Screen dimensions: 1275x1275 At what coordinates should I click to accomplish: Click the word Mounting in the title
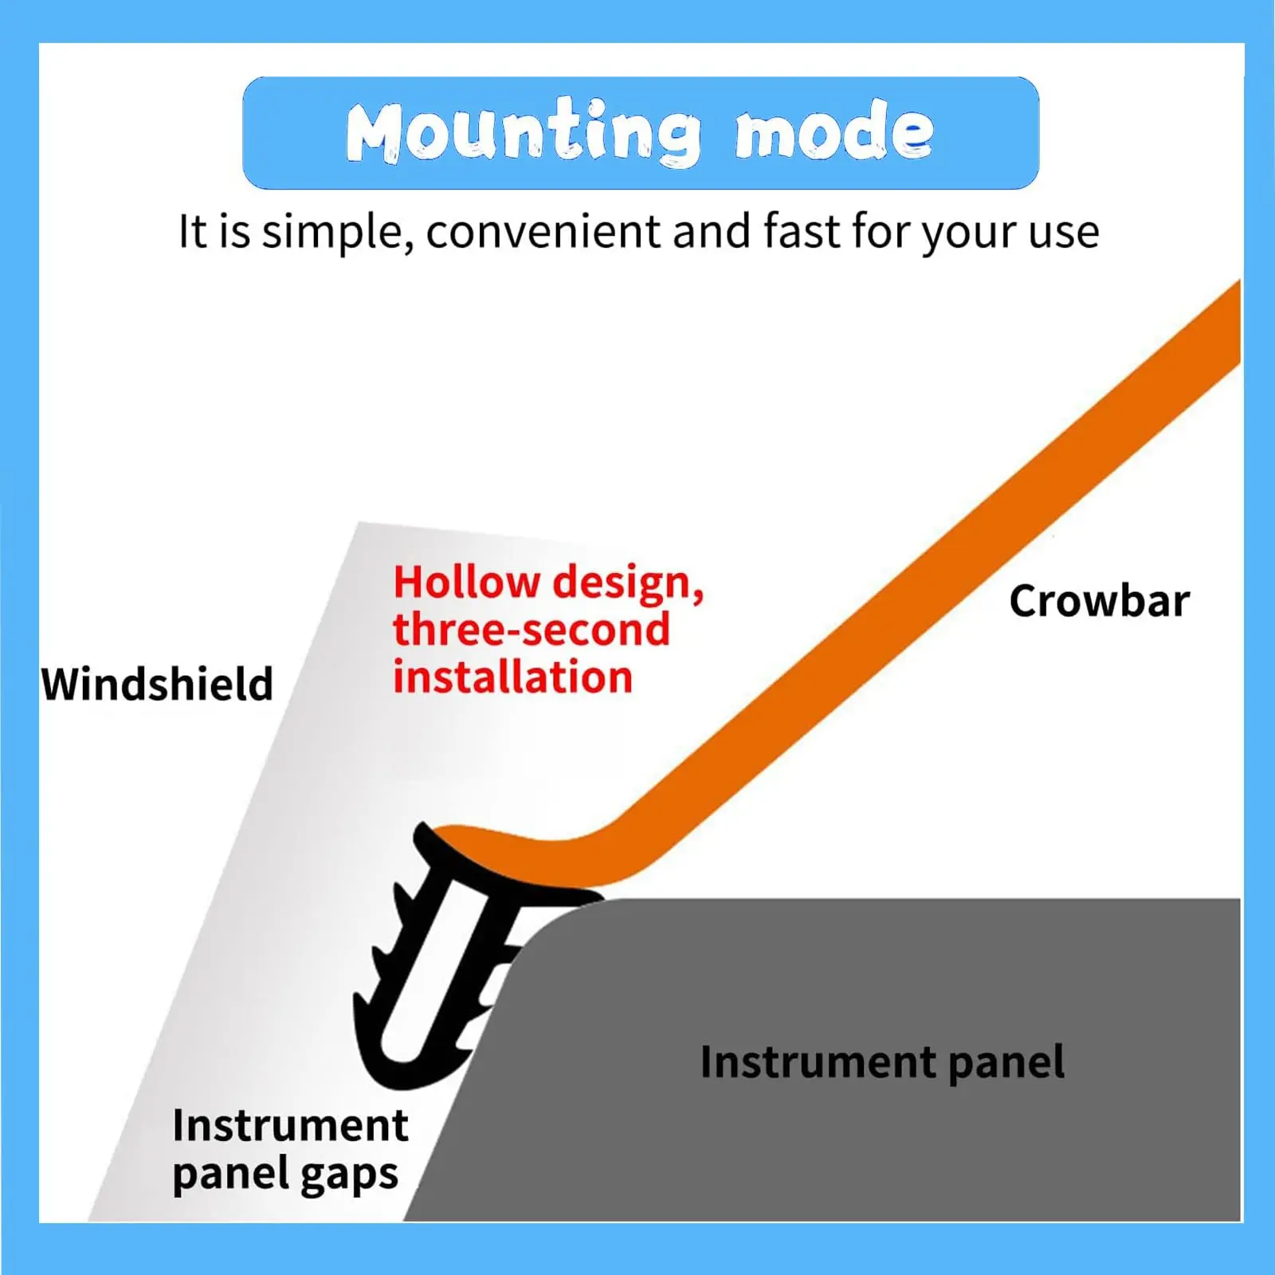click(x=524, y=132)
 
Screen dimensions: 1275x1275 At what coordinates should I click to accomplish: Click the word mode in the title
click(x=834, y=131)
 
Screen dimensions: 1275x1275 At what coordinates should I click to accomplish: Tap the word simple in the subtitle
click(x=337, y=233)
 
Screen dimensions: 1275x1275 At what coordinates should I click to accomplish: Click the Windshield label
click(x=157, y=684)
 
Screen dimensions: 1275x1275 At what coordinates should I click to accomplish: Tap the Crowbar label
click(x=1099, y=601)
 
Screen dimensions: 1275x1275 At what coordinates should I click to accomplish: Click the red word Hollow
click(x=466, y=582)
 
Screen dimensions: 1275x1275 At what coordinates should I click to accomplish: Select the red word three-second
click(x=532, y=630)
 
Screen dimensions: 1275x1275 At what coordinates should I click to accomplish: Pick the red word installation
click(x=513, y=677)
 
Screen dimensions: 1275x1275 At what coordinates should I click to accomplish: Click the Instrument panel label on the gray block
click(x=882, y=1062)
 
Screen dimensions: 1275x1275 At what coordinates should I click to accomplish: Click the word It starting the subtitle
click(x=191, y=232)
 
